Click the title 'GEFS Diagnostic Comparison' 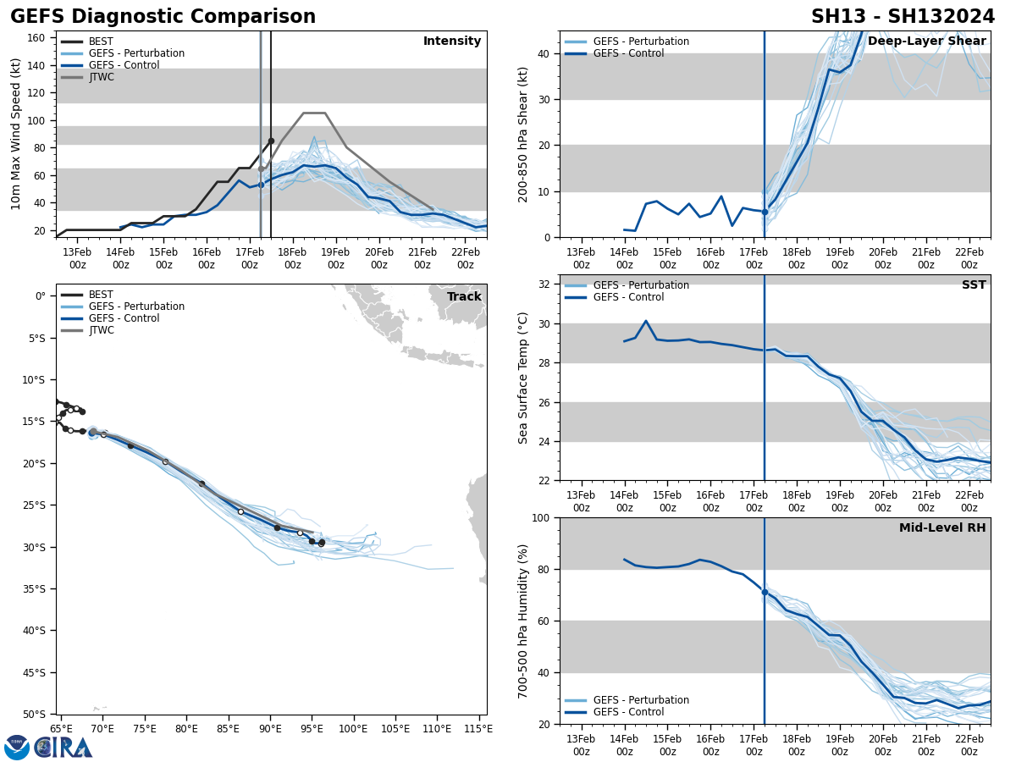[x=163, y=17]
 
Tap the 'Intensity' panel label [x=452, y=41]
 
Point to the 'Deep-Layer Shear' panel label [x=926, y=41]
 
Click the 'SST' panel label [x=974, y=285]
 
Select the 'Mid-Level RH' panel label [x=942, y=528]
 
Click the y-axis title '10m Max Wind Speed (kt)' [x=16, y=134]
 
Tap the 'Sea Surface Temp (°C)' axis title [x=524, y=378]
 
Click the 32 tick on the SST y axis [x=545, y=284]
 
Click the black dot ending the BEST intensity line [x=271, y=141]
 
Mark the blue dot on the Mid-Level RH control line [x=765, y=592]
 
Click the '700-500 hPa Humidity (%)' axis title [x=524, y=621]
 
